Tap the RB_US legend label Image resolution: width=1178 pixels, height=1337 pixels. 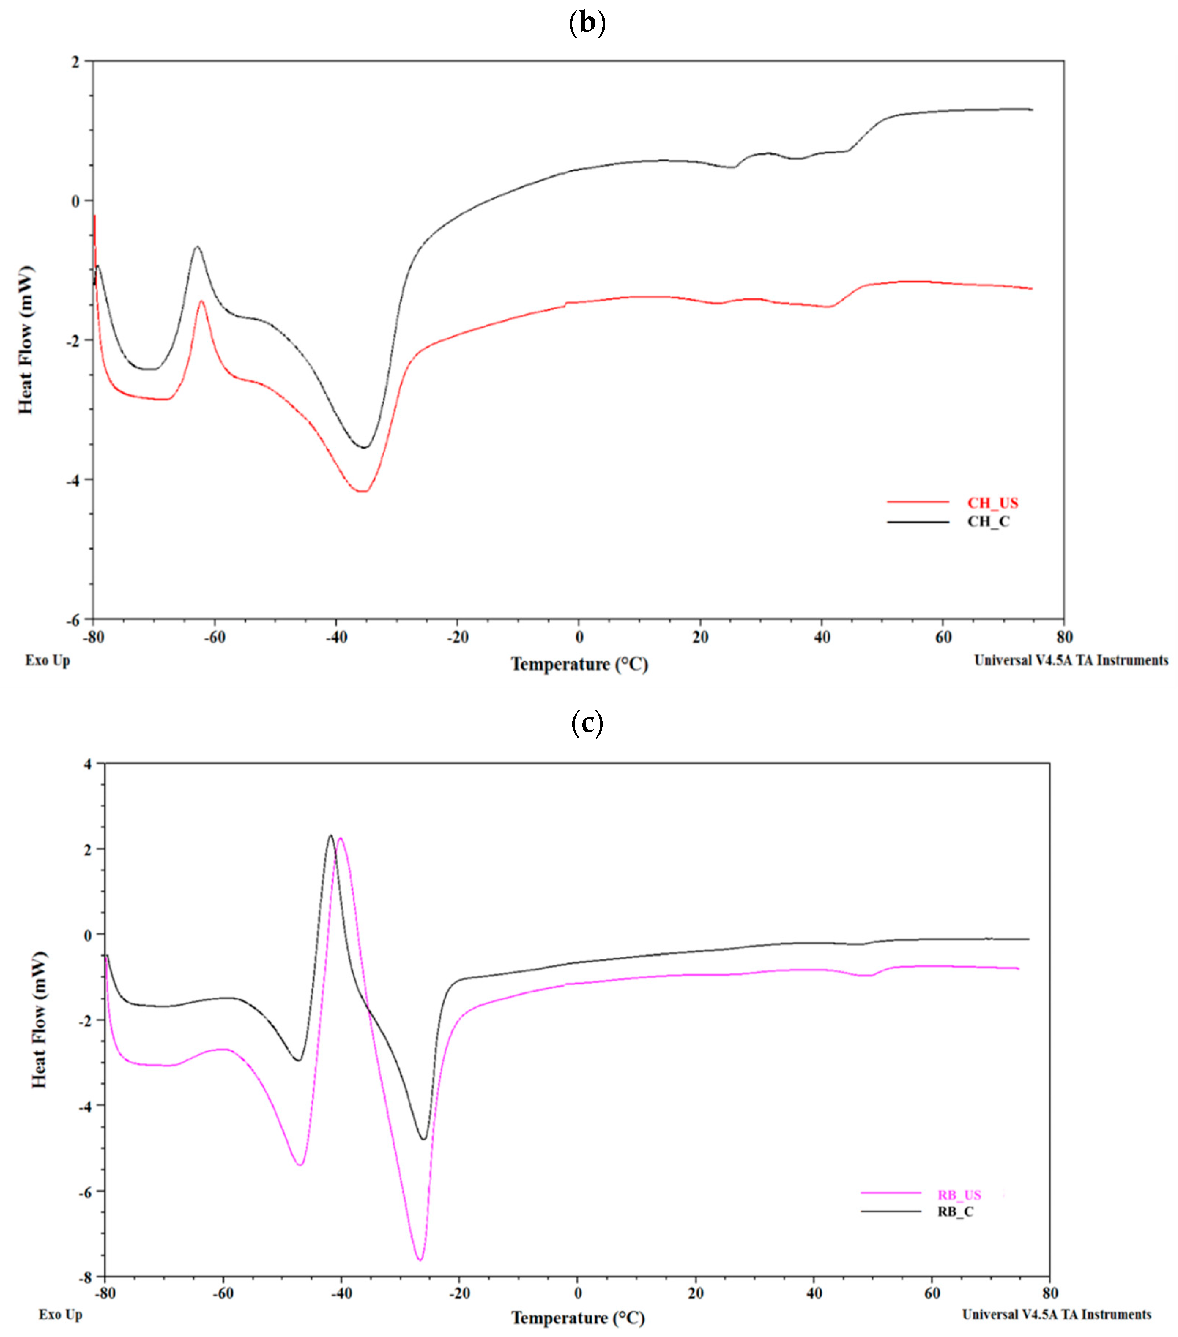959,1195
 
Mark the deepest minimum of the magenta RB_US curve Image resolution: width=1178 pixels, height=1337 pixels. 419,1259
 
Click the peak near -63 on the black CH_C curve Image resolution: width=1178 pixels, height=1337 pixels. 197,246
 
